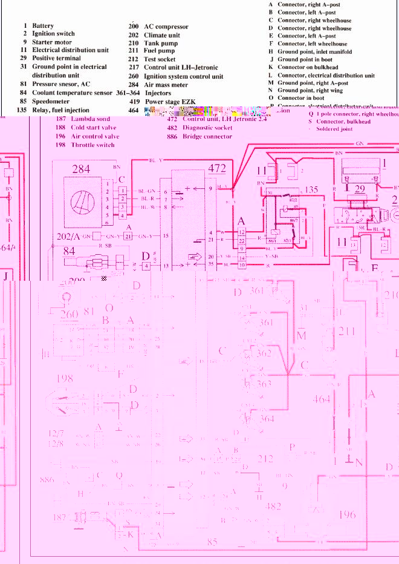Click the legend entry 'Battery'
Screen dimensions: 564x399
click(x=42, y=26)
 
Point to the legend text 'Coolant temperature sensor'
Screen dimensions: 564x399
click(x=72, y=93)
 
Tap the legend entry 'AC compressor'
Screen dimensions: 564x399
click(x=166, y=27)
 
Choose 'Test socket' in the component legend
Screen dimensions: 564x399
click(x=160, y=59)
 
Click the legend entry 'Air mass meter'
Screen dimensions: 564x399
click(x=166, y=85)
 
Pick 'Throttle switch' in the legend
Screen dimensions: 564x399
click(x=92, y=145)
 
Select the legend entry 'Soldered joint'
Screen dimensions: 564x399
click(x=330, y=129)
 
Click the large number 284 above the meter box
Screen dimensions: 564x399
click(x=82, y=169)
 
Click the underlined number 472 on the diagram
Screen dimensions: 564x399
click(x=216, y=168)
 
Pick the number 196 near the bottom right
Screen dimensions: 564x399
click(x=347, y=514)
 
